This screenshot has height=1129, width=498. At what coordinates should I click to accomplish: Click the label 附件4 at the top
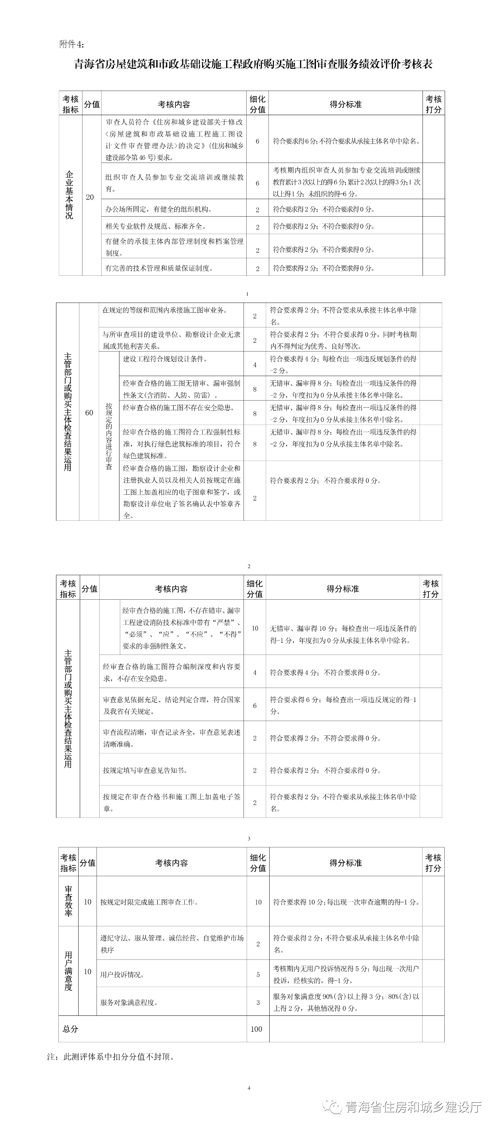70,44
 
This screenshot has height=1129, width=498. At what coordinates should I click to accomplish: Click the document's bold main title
253,65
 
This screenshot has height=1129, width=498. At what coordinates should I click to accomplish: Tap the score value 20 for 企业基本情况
90,197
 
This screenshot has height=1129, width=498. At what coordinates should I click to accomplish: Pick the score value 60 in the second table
89,413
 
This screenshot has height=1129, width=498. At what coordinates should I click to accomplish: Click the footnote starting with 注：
111,1057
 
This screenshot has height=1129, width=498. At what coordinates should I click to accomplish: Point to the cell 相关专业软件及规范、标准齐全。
155,227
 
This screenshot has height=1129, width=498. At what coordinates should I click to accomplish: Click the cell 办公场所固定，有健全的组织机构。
158,210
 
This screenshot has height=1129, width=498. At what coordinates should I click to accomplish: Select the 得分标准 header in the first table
345,104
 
